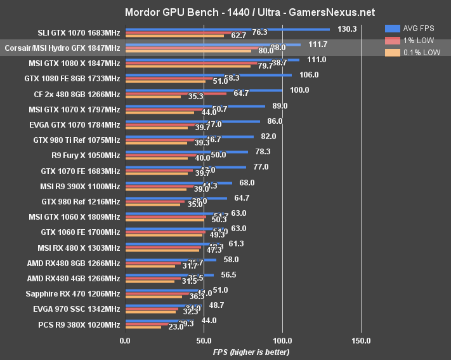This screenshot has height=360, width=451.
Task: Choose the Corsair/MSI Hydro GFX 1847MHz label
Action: coord(62,48)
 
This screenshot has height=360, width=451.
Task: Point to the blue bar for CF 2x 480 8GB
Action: coord(204,91)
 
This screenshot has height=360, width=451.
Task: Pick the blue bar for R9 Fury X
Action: coord(186,152)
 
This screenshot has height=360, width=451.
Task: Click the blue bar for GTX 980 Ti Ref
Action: coord(190,137)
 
